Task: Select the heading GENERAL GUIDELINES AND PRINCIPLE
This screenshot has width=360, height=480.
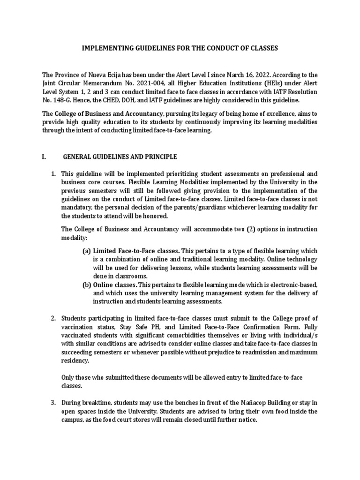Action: coord(120,156)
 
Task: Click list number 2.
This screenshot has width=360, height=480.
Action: coord(53,319)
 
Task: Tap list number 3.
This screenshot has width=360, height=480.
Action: coord(53,403)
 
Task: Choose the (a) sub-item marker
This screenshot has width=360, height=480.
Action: coord(86,251)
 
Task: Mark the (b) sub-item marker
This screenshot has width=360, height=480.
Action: coord(86,285)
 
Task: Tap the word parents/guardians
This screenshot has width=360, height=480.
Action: coord(184,208)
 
